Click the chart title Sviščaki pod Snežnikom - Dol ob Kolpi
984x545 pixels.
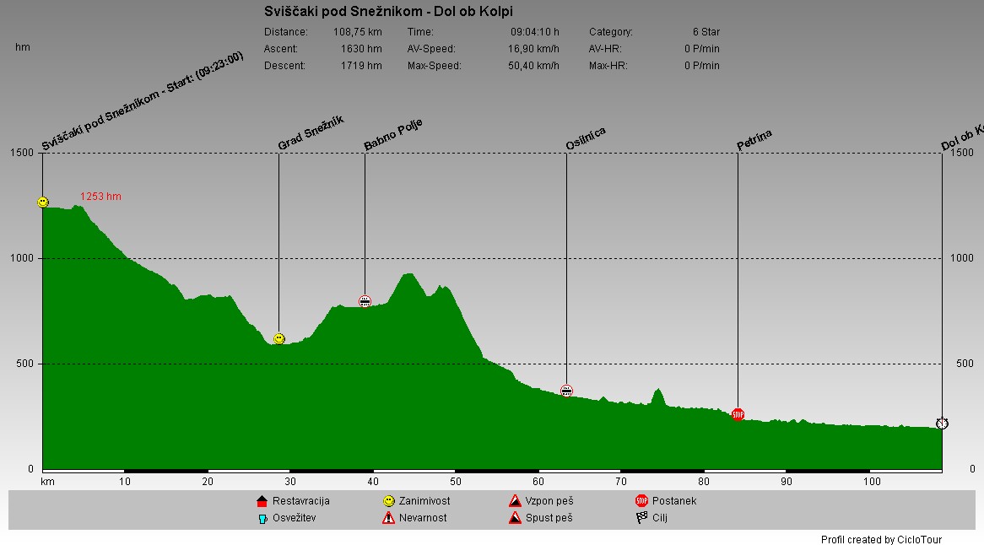(388, 12)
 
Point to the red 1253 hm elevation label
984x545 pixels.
(100, 197)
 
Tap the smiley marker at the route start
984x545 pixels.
(43, 202)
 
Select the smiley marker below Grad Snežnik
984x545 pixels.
(279, 338)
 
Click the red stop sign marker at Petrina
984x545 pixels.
(738, 414)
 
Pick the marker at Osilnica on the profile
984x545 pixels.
(566, 391)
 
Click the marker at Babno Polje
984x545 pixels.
(365, 301)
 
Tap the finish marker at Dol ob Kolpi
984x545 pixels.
(942, 423)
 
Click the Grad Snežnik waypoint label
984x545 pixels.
(311, 133)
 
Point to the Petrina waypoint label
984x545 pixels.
(754, 140)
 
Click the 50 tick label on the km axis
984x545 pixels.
(456, 482)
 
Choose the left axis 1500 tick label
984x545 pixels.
(23, 153)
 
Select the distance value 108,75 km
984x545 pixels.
(358, 32)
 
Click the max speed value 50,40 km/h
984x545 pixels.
(533, 66)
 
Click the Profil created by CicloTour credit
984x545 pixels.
(881, 540)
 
